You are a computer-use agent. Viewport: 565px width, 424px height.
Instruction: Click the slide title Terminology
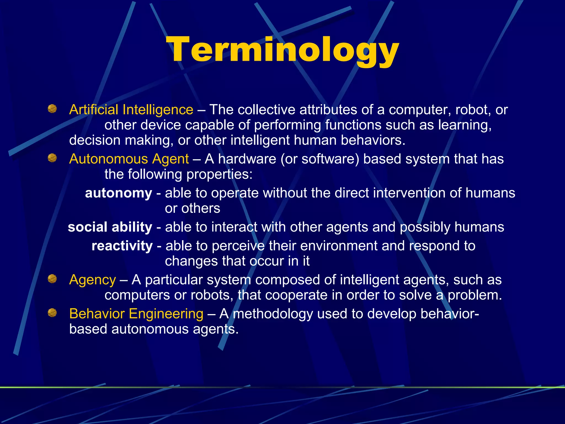[x=282, y=50]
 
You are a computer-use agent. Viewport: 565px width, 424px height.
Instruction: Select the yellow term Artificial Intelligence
[x=131, y=110]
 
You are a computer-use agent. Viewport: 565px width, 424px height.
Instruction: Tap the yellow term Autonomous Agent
[x=129, y=159]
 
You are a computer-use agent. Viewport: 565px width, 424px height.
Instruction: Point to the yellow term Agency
[x=92, y=280]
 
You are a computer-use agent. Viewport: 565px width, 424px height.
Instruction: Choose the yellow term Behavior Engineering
[x=136, y=314]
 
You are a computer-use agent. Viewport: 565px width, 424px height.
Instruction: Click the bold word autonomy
[x=119, y=193]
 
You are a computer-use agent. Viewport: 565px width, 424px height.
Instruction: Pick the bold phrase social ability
[x=110, y=227]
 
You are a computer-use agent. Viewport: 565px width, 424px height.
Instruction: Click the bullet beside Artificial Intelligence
[x=52, y=109]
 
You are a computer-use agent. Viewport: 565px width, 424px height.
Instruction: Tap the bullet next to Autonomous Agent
[x=52, y=158]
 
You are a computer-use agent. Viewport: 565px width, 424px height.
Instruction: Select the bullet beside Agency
[x=52, y=279]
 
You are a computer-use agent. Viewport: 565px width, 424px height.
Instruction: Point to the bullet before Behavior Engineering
[x=52, y=313]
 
